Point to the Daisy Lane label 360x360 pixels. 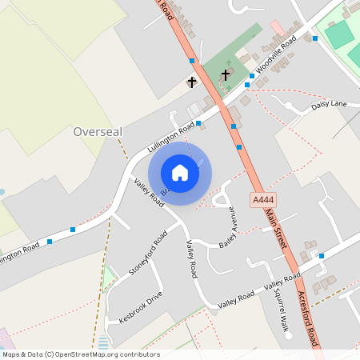(x=329, y=105)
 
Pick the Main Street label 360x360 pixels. (x=279, y=229)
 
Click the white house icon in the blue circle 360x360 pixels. (x=180, y=173)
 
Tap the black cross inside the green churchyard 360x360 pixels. (x=226, y=76)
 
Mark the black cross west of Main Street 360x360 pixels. (x=192, y=82)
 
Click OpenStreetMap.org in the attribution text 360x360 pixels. (x=106, y=354)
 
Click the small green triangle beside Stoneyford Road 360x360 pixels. (x=109, y=277)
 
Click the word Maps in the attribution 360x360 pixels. (x=12, y=354)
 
